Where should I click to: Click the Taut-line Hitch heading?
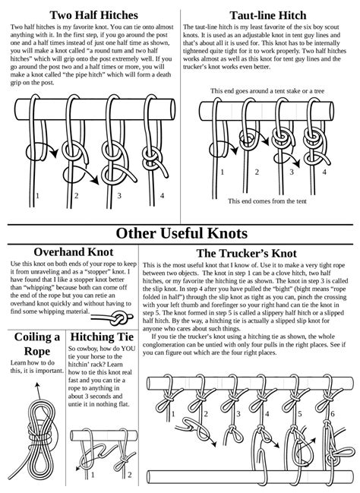pyautogui.click(x=271, y=14)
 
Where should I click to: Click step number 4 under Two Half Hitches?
pyautogui.click(x=162, y=196)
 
